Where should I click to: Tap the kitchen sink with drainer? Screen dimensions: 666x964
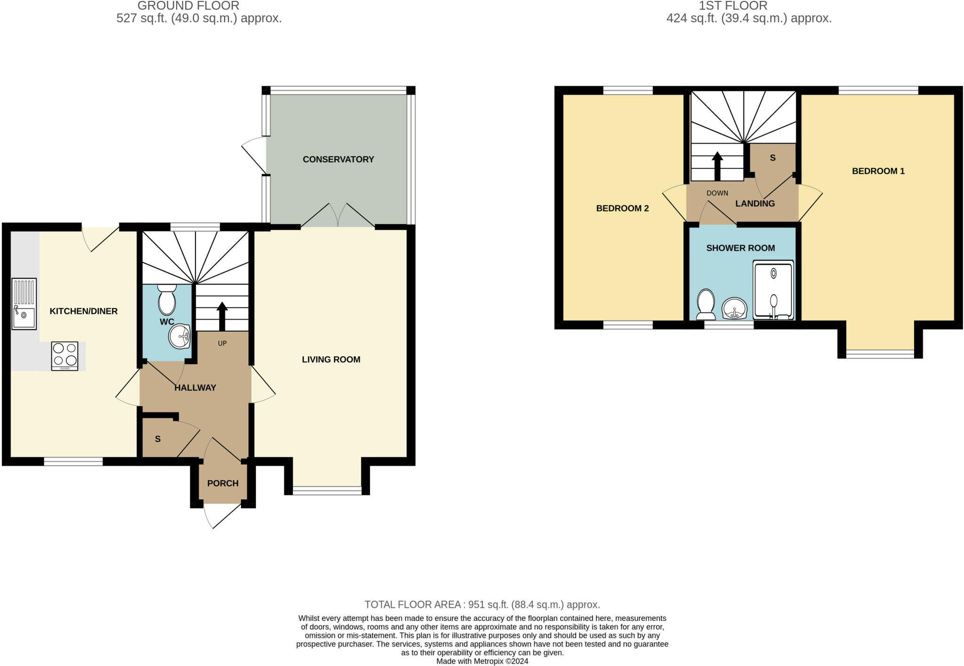24,304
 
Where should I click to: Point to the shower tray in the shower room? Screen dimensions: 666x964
773,290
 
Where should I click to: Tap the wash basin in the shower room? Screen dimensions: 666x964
734,309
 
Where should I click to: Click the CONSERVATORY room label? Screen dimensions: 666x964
338,160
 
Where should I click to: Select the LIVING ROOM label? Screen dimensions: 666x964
331,360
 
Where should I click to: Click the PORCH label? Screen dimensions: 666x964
223,483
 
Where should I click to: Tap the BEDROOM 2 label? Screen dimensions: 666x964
622,209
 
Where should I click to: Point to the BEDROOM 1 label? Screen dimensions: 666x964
878,171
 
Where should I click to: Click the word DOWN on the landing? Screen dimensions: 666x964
717,193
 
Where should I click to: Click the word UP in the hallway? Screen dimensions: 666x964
222,344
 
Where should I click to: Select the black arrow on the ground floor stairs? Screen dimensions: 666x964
222,316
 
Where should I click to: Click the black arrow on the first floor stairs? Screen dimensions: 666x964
717,166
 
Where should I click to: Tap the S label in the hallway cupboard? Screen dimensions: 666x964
158,439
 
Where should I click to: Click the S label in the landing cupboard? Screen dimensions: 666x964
772,158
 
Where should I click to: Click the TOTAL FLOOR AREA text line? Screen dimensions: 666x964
482,604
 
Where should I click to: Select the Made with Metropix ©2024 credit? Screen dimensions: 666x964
482,661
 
